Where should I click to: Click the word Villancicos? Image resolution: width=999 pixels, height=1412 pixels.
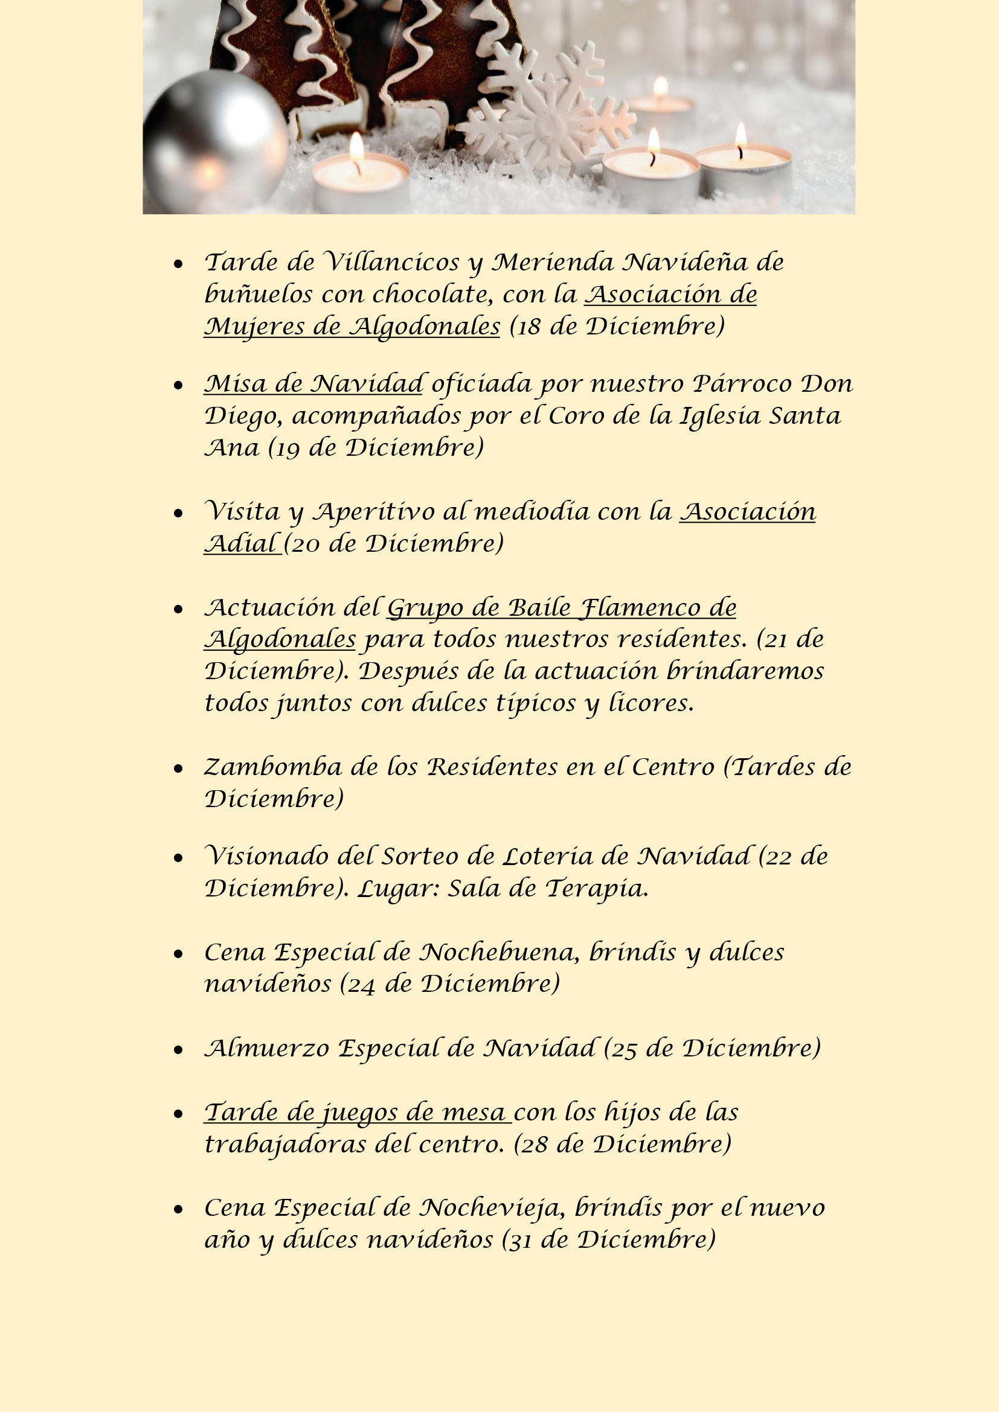click(x=391, y=263)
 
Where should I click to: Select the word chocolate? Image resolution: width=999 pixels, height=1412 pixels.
click(x=431, y=295)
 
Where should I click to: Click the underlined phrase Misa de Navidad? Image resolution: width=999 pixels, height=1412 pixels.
click(x=313, y=385)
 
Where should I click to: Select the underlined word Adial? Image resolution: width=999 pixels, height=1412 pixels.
click(x=241, y=545)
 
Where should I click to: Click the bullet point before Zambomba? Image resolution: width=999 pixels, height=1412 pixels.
click(x=178, y=768)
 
